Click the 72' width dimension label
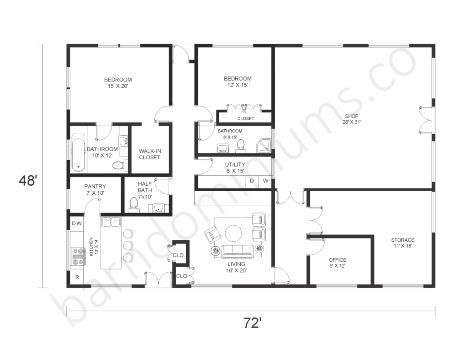pos(253,323)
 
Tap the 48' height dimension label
pos(28,181)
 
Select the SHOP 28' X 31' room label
pos(352,119)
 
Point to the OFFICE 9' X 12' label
pos(337,263)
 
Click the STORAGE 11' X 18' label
pos(403,243)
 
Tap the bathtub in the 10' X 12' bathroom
pos(78,152)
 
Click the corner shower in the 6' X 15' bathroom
pos(264,145)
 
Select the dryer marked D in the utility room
pos(252,181)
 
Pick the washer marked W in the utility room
pos(265,181)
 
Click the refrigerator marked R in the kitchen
pos(77,277)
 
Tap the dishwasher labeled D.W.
pos(77,223)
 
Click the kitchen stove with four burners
pos(78,256)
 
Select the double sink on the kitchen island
pos(111,222)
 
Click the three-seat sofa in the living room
pos(237,251)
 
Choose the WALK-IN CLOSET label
pos(149,154)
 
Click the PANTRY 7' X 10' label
pos(95,190)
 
